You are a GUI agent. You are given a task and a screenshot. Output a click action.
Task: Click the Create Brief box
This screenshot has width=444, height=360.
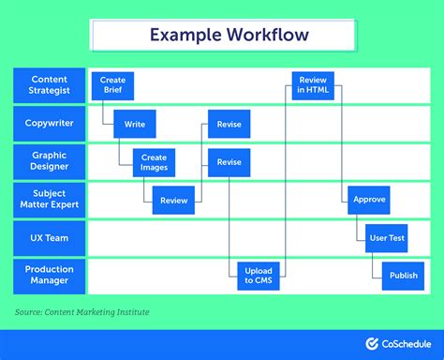113,86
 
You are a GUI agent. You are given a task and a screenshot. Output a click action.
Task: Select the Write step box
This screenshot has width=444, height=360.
135,124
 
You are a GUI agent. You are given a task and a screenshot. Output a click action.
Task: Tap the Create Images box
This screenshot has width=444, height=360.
154,162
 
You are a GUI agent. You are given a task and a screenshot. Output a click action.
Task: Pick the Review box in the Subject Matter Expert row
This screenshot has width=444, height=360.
173,200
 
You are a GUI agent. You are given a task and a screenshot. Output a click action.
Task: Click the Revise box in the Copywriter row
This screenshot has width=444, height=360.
229,124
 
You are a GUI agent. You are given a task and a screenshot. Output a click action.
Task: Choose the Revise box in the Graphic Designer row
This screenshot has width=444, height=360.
229,162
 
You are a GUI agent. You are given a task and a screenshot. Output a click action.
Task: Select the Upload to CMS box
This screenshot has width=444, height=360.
258,276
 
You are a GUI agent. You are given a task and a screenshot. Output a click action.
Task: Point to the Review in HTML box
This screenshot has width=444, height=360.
313,86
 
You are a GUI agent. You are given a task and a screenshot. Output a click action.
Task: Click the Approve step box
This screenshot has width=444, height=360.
368,200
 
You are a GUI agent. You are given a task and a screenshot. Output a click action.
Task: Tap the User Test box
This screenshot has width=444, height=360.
386,238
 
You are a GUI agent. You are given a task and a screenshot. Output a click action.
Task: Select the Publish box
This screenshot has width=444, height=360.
403,276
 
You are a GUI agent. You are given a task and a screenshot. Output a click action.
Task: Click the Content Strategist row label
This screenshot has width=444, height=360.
49,85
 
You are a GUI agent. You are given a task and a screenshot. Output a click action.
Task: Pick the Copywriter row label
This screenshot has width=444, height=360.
49,124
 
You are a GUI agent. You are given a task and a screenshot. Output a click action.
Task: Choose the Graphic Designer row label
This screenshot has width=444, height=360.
49,161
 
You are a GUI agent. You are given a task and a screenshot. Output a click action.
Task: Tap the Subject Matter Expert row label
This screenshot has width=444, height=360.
49,200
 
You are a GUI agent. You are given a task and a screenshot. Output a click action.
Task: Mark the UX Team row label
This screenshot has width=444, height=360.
49,237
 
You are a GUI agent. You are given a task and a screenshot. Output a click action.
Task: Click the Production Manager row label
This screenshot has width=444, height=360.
49,276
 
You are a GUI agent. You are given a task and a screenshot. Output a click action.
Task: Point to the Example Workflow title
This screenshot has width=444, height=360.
222,35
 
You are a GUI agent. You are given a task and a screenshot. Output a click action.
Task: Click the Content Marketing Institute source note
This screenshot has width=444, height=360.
81,312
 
